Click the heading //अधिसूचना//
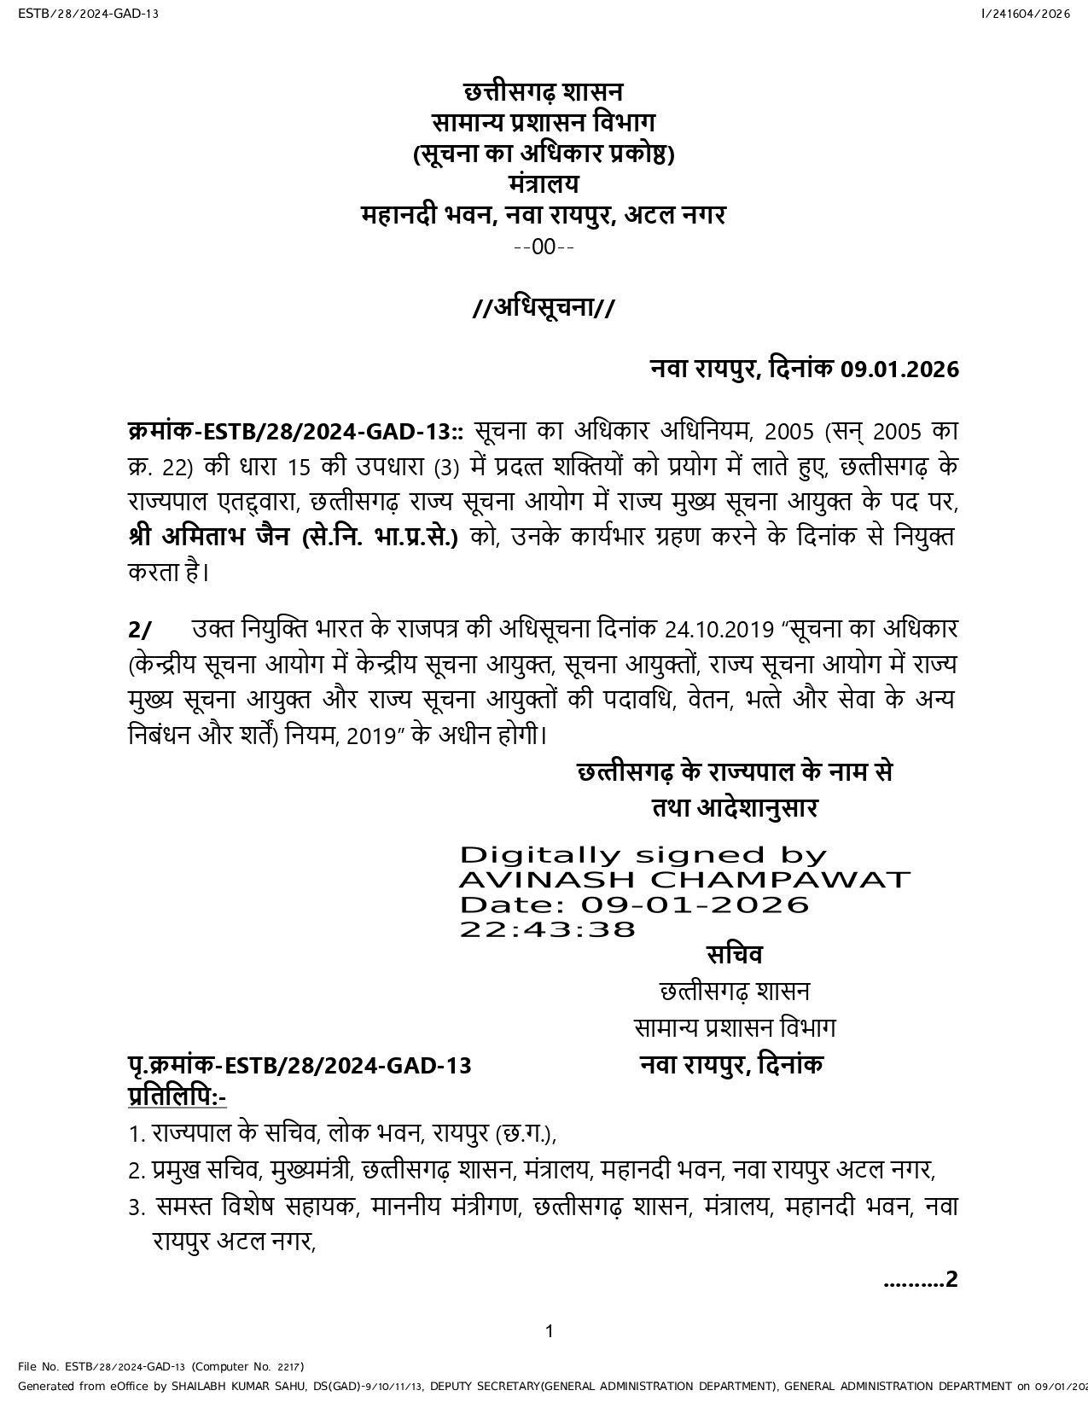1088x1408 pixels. (544, 307)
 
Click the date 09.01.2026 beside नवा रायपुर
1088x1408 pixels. (899, 369)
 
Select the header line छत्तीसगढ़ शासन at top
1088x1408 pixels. (544, 91)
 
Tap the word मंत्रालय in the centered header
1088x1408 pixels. (544, 183)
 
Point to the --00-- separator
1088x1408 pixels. (544, 247)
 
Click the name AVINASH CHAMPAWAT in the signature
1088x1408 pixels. (684, 880)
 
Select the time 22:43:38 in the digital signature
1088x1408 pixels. (548, 928)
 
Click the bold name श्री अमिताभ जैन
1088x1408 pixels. (212, 538)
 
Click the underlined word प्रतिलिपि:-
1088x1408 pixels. (177, 1096)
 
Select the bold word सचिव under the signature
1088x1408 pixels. (734, 955)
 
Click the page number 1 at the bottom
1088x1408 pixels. (550, 1331)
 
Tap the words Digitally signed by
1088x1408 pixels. (643, 856)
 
